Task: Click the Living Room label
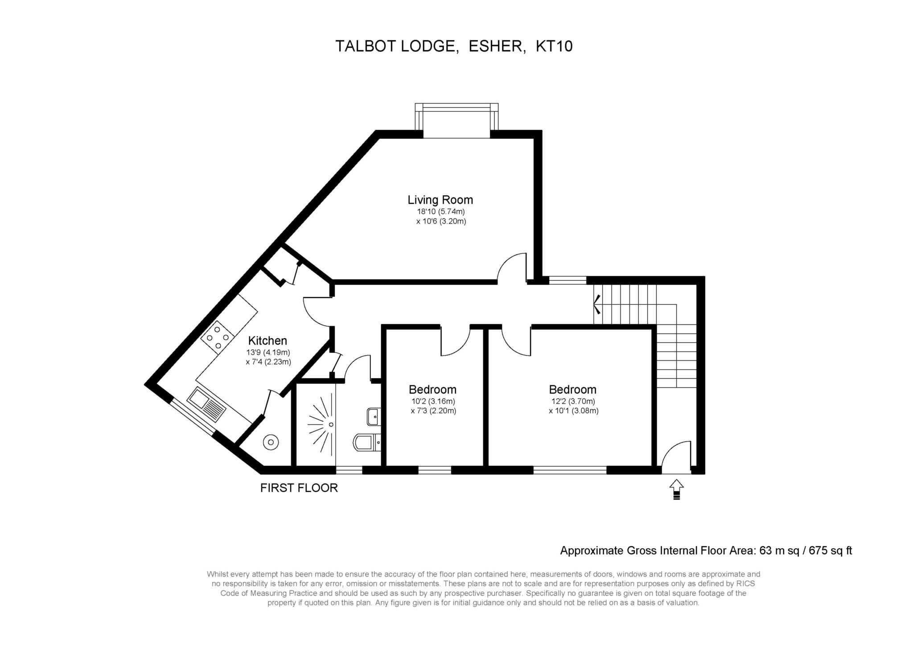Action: (x=440, y=200)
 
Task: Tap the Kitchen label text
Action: (x=267, y=340)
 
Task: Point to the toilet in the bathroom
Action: (x=367, y=443)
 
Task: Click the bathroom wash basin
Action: (x=374, y=417)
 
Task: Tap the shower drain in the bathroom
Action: (x=331, y=424)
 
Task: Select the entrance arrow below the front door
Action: (x=676, y=489)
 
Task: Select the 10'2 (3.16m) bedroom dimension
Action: (x=433, y=402)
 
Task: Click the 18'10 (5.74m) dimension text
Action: (x=441, y=212)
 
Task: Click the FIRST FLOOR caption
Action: (x=299, y=488)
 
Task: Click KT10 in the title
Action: (x=554, y=46)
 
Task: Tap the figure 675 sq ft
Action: (x=831, y=551)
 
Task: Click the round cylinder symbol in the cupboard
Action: (x=271, y=443)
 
